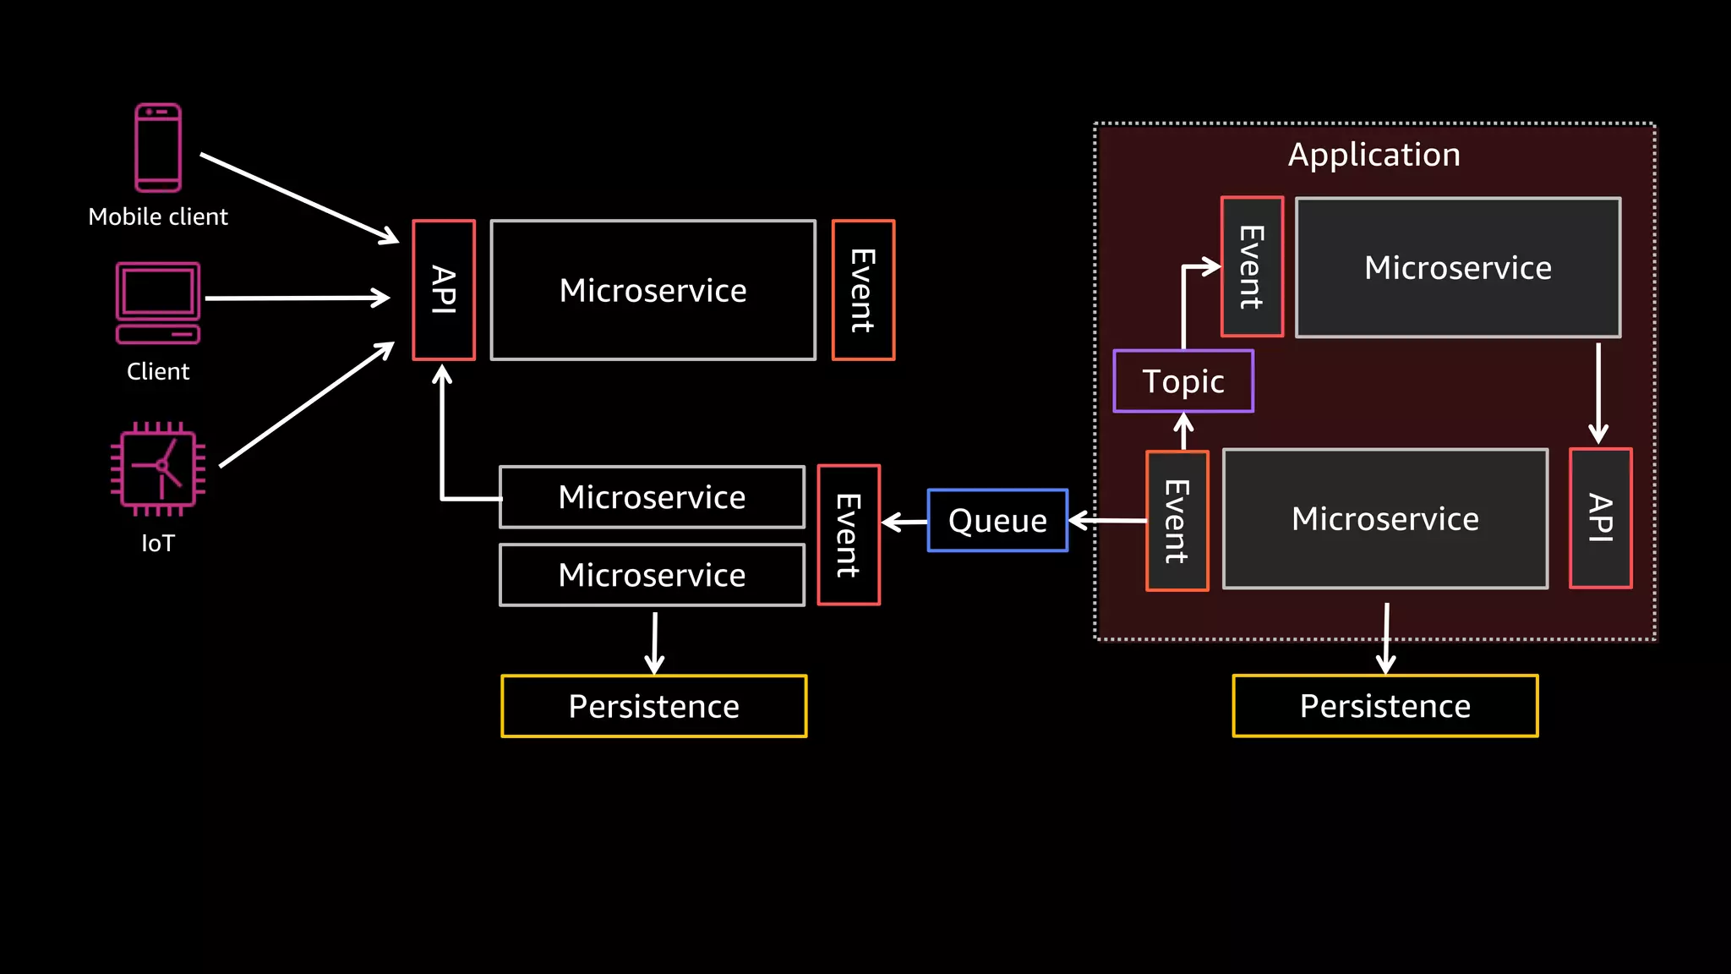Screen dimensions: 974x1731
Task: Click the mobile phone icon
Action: click(x=158, y=148)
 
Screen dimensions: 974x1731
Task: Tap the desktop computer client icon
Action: click(x=158, y=302)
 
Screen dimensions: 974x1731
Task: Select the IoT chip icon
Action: click(x=158, y=468)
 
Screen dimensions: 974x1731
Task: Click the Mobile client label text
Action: click(x=158, y=216)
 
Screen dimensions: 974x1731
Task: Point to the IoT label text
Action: click(x=158, y=543)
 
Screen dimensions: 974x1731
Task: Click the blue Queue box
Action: click(x=997, y=520)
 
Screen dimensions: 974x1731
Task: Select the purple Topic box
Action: click(x=1183, y=381)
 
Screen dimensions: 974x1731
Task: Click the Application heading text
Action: click(x=1373, y=155)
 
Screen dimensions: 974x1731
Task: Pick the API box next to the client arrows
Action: click(x=444, y=290)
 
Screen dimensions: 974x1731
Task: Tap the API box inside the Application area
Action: click(x=1600, y=518)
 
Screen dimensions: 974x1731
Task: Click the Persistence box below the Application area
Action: click(x=1384, y=706)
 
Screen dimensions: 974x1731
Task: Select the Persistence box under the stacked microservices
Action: click(x=653, y=706)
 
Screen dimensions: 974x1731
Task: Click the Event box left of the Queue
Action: click(x=849, y=535)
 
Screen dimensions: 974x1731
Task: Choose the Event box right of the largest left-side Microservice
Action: click(x=863, y=290)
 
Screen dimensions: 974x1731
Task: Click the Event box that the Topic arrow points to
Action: click(x=1252, y=266)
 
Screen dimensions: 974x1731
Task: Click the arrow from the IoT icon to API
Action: click(x=306, y=405)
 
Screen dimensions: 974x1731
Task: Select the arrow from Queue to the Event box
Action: click(x=904, y=522)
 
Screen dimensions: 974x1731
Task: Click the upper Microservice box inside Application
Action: click(x=1457, y=267)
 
